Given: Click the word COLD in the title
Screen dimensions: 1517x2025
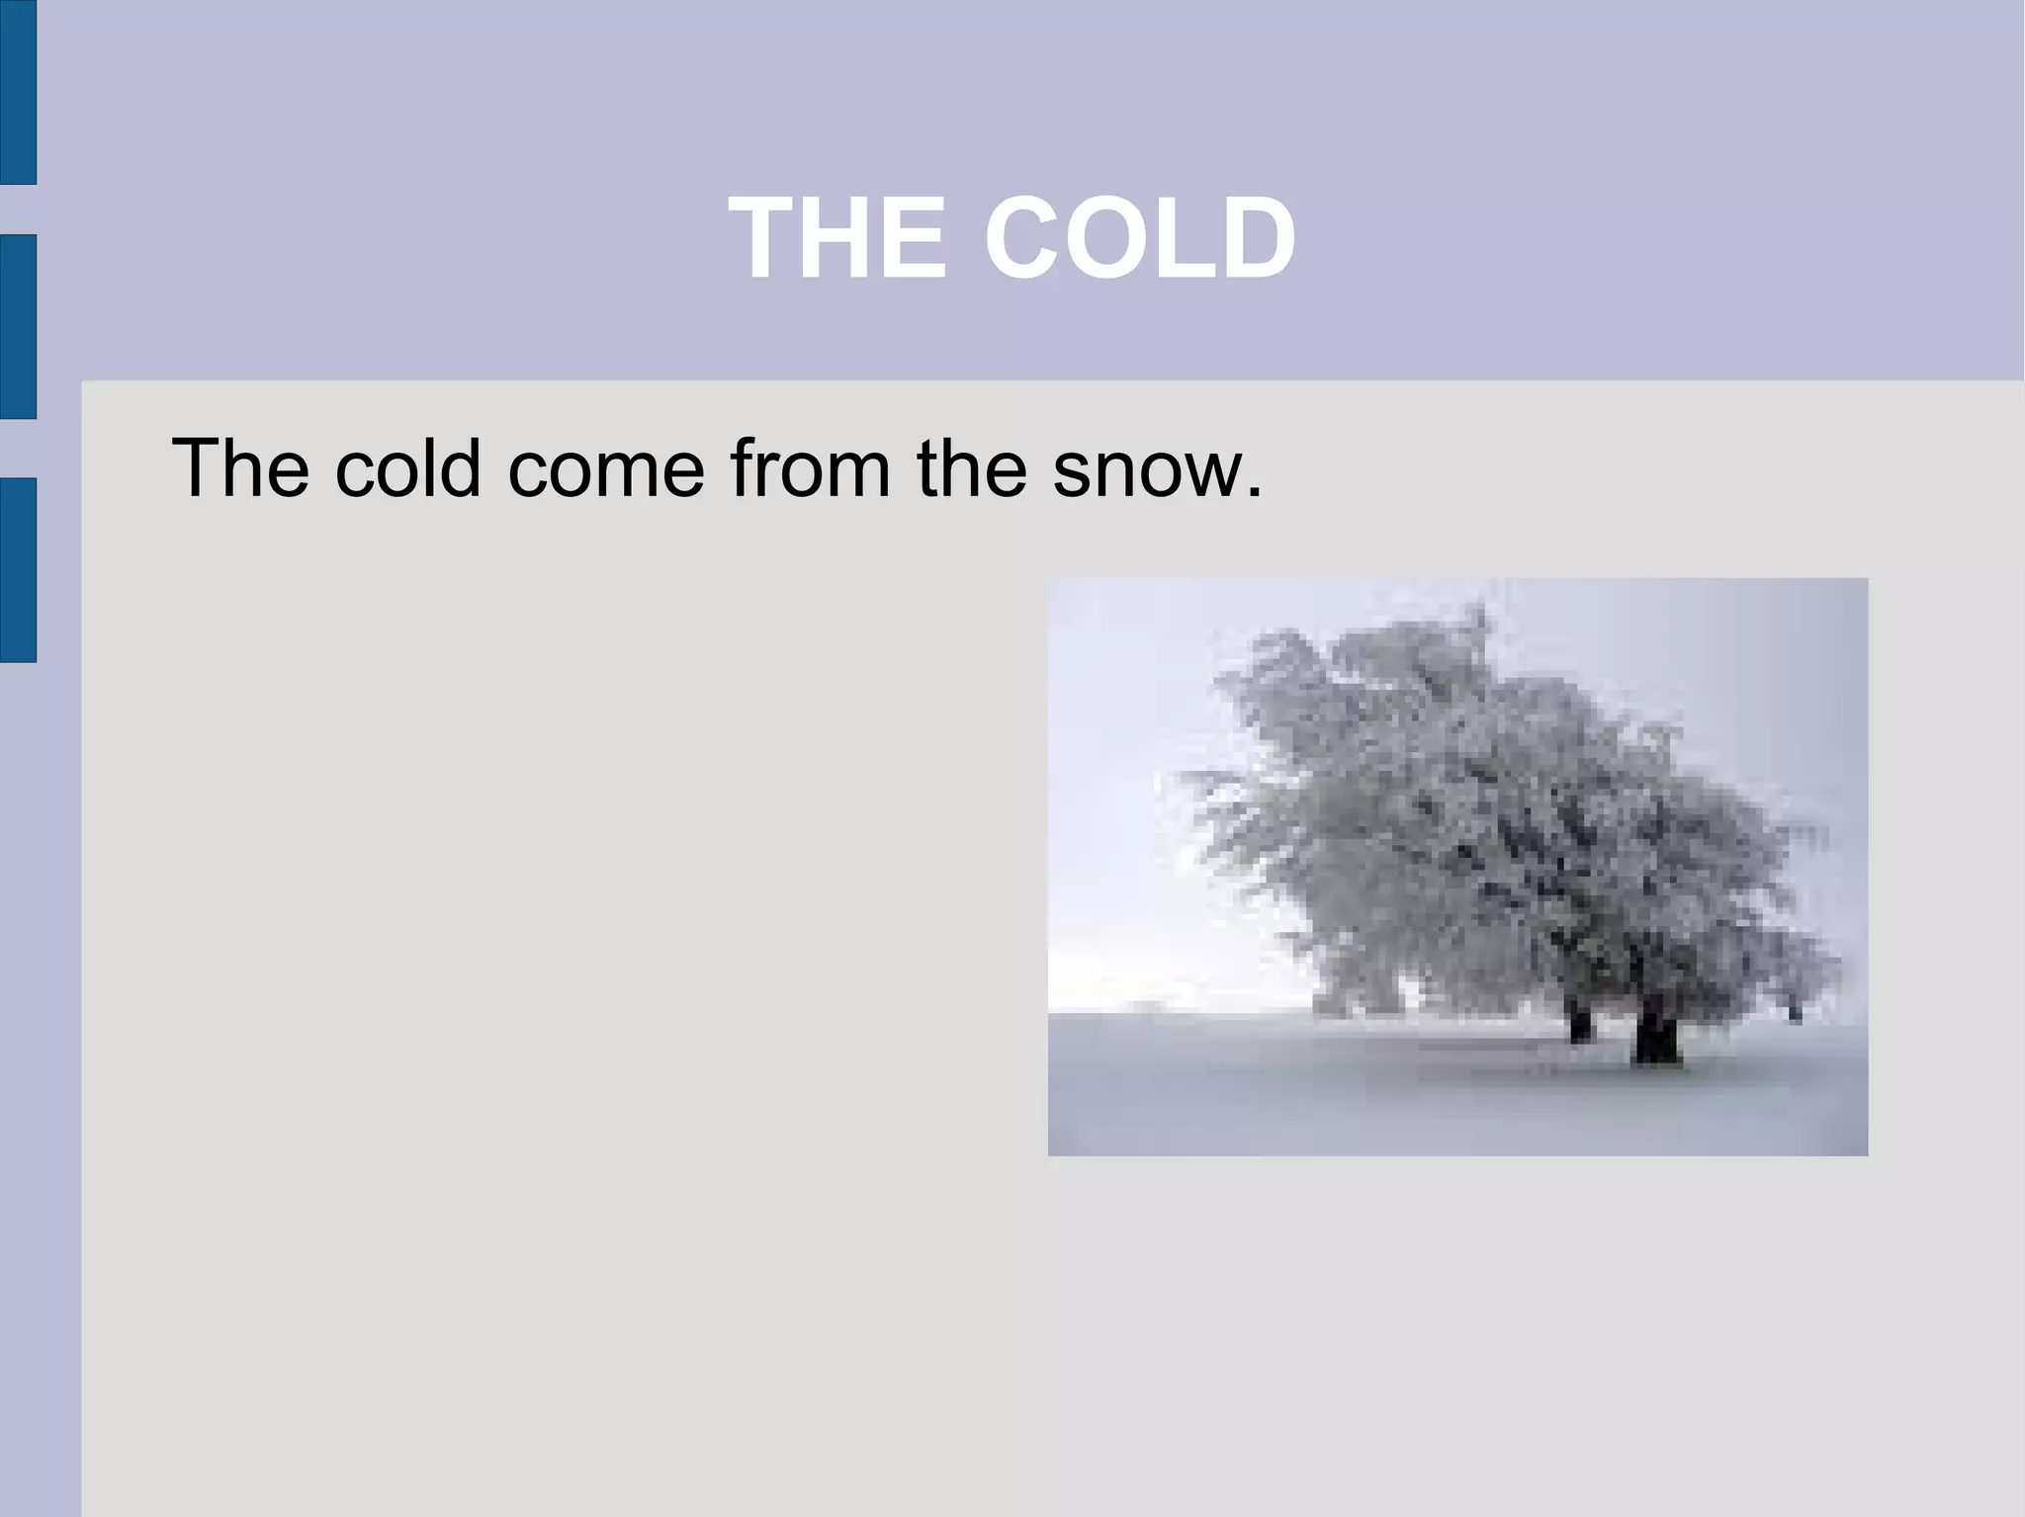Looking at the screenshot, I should [1139, 238].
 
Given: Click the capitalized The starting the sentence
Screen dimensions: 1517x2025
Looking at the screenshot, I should [240, 467].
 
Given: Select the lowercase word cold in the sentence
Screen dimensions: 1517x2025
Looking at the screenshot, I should [407, 467].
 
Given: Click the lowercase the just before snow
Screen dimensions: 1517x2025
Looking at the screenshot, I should [971, 467].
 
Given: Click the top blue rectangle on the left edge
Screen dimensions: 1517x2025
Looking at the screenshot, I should [18, 92].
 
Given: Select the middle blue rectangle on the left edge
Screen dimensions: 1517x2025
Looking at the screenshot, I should [18, 326].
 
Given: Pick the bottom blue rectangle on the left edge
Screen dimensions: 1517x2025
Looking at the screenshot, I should [18, 569].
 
